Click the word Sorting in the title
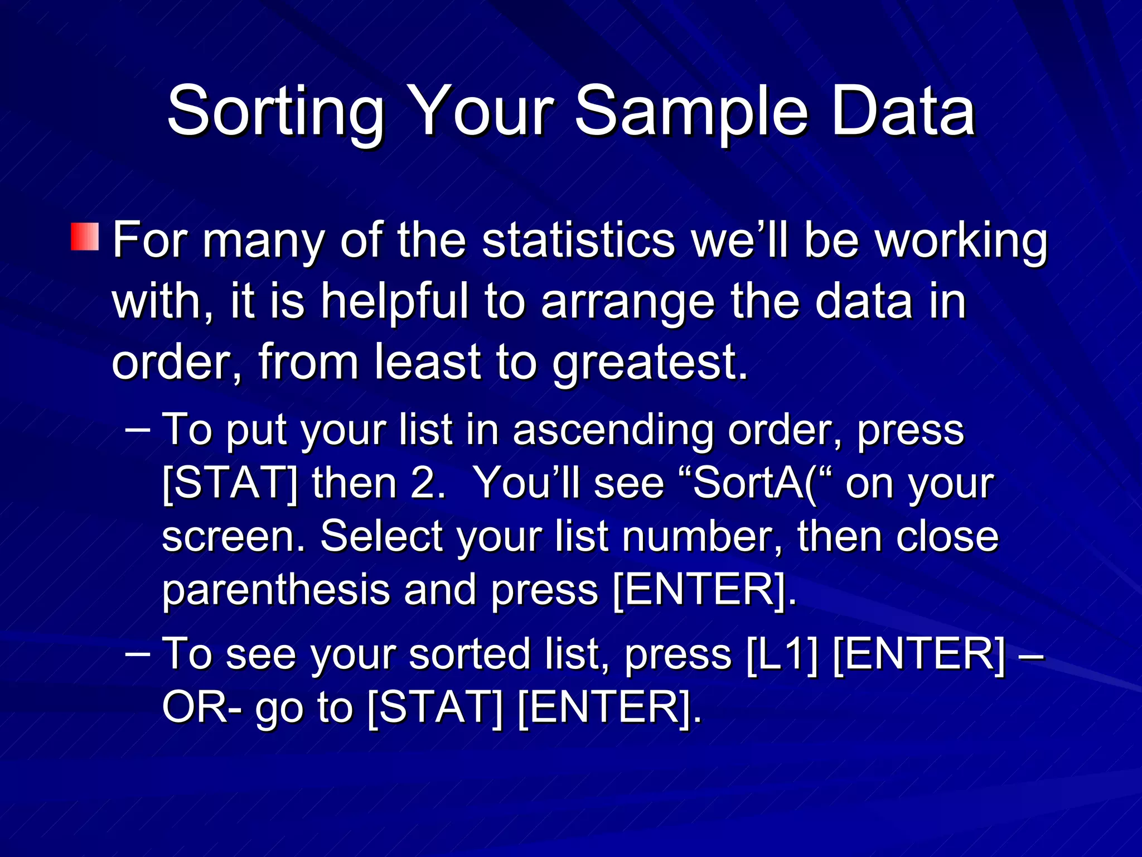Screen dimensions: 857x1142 pos(276,112)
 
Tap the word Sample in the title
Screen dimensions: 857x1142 pos(691,112)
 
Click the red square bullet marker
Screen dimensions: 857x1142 pos(85,237)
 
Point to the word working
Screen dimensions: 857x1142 pos(961,242)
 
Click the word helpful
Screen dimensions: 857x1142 pos(394,302)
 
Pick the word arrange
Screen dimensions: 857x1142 pos(627,303)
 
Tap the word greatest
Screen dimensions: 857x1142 pos(650,363)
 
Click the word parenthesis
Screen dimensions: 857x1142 pos(276,591)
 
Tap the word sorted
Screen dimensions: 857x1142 pos(470,654)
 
